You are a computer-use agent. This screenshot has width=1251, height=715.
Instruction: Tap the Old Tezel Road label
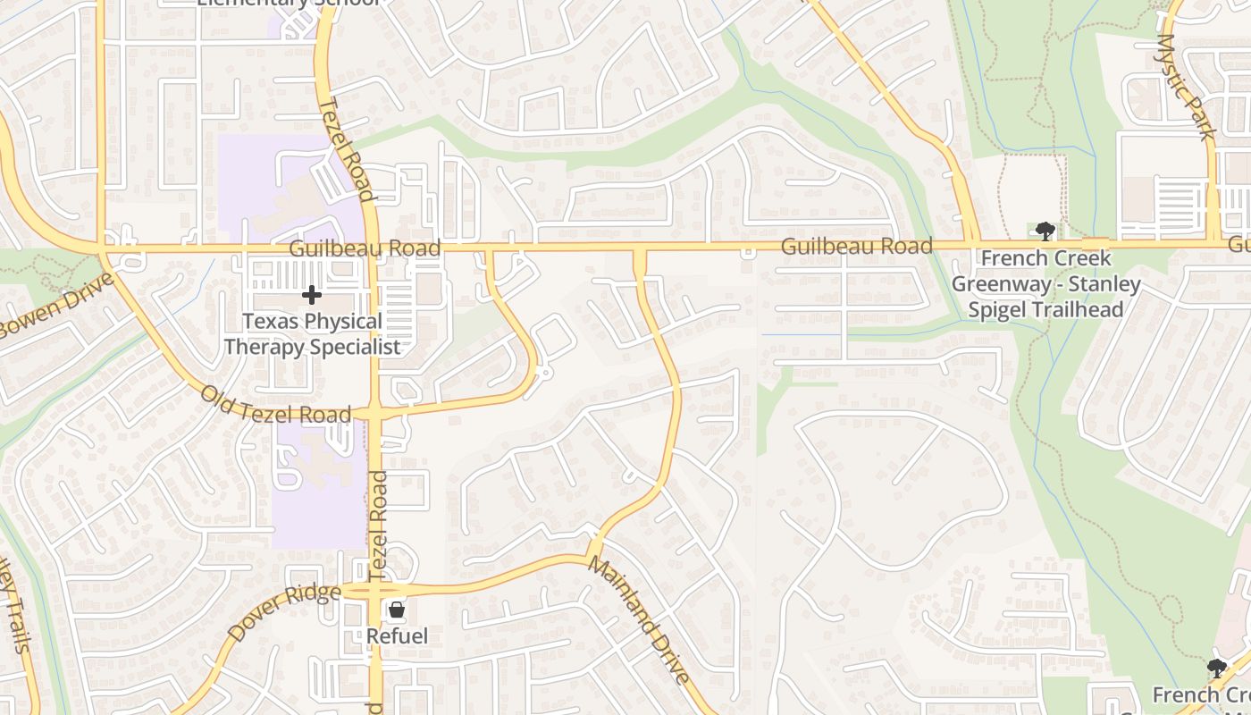click(275, 405)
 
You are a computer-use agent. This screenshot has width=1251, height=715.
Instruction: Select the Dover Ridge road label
click(283, 611)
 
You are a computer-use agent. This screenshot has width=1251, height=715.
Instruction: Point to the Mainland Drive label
click(639, 620)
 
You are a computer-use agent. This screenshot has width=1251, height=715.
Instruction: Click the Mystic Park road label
click(1187, 86)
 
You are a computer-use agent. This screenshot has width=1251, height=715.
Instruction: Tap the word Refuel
click(397, 636)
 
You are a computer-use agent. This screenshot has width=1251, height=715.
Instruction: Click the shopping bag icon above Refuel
click(397, 610)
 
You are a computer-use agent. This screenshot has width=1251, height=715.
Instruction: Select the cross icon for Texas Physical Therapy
click(311, 294)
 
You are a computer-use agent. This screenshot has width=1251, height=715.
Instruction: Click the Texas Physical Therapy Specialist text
click(312, 333)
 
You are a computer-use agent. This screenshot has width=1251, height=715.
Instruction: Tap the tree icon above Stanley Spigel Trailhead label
click(1045, 232)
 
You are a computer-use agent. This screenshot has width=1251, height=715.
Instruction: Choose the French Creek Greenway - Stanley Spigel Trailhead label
click(1045, 284)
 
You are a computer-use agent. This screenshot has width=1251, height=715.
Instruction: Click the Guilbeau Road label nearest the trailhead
click(856, 246)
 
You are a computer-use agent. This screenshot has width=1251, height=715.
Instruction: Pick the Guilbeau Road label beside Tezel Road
click(365, 248)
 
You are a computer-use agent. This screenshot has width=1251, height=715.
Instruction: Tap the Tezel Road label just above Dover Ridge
click(378, 524)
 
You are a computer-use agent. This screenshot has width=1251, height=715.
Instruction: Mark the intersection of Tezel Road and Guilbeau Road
click(373, 248)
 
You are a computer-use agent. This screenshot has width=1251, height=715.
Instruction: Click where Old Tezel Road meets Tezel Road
click(374, 414)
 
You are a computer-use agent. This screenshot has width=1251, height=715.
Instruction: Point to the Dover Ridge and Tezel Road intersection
click(375, 591)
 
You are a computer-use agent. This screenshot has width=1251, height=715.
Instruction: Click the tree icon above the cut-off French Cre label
click(1215, 668)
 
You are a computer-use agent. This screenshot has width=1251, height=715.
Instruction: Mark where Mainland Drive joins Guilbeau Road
click(640, 248)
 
